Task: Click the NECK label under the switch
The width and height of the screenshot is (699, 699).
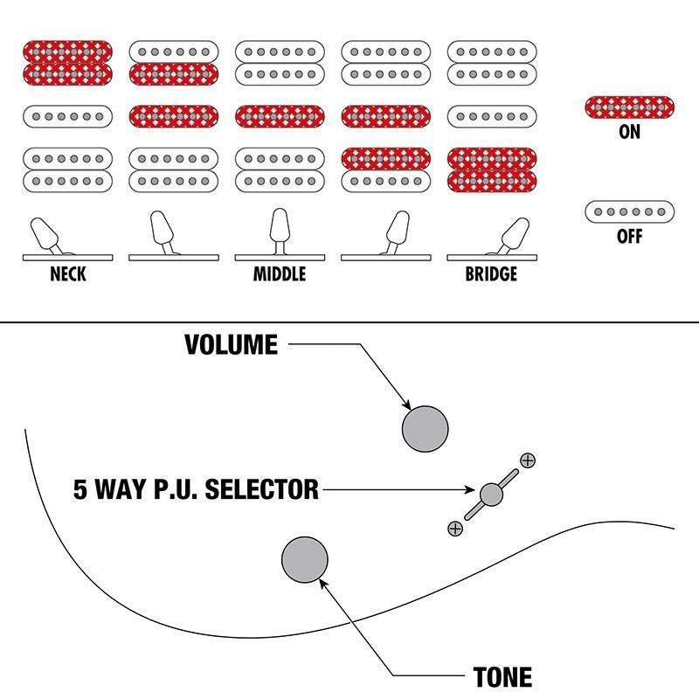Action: click(68, 274)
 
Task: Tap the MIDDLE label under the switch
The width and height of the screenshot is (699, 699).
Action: click(280, 274)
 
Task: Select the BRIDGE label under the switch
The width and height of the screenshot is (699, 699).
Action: click(491, 274)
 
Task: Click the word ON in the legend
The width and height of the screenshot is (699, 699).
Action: click(629, 132)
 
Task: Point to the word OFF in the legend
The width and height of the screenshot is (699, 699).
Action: click(629, 236)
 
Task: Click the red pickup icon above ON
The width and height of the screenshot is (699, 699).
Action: click(629, 107)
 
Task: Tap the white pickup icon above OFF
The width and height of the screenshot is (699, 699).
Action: click(629, 211)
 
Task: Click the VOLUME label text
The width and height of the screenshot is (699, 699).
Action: click(231, 345)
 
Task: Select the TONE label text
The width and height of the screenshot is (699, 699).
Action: click(502, 677)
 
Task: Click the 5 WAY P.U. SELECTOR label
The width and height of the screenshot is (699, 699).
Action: click(197, 489)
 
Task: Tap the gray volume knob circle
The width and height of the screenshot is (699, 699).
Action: click(425, 428)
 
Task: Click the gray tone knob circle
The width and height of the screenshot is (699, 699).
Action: click(304, 559)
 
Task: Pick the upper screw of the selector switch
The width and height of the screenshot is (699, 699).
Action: click(527, 460)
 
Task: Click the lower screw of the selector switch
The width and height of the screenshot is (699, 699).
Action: click(454, 528)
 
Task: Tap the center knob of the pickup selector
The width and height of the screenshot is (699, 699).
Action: click(491, 494)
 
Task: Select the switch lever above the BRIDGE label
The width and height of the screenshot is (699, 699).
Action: click(513, 234)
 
